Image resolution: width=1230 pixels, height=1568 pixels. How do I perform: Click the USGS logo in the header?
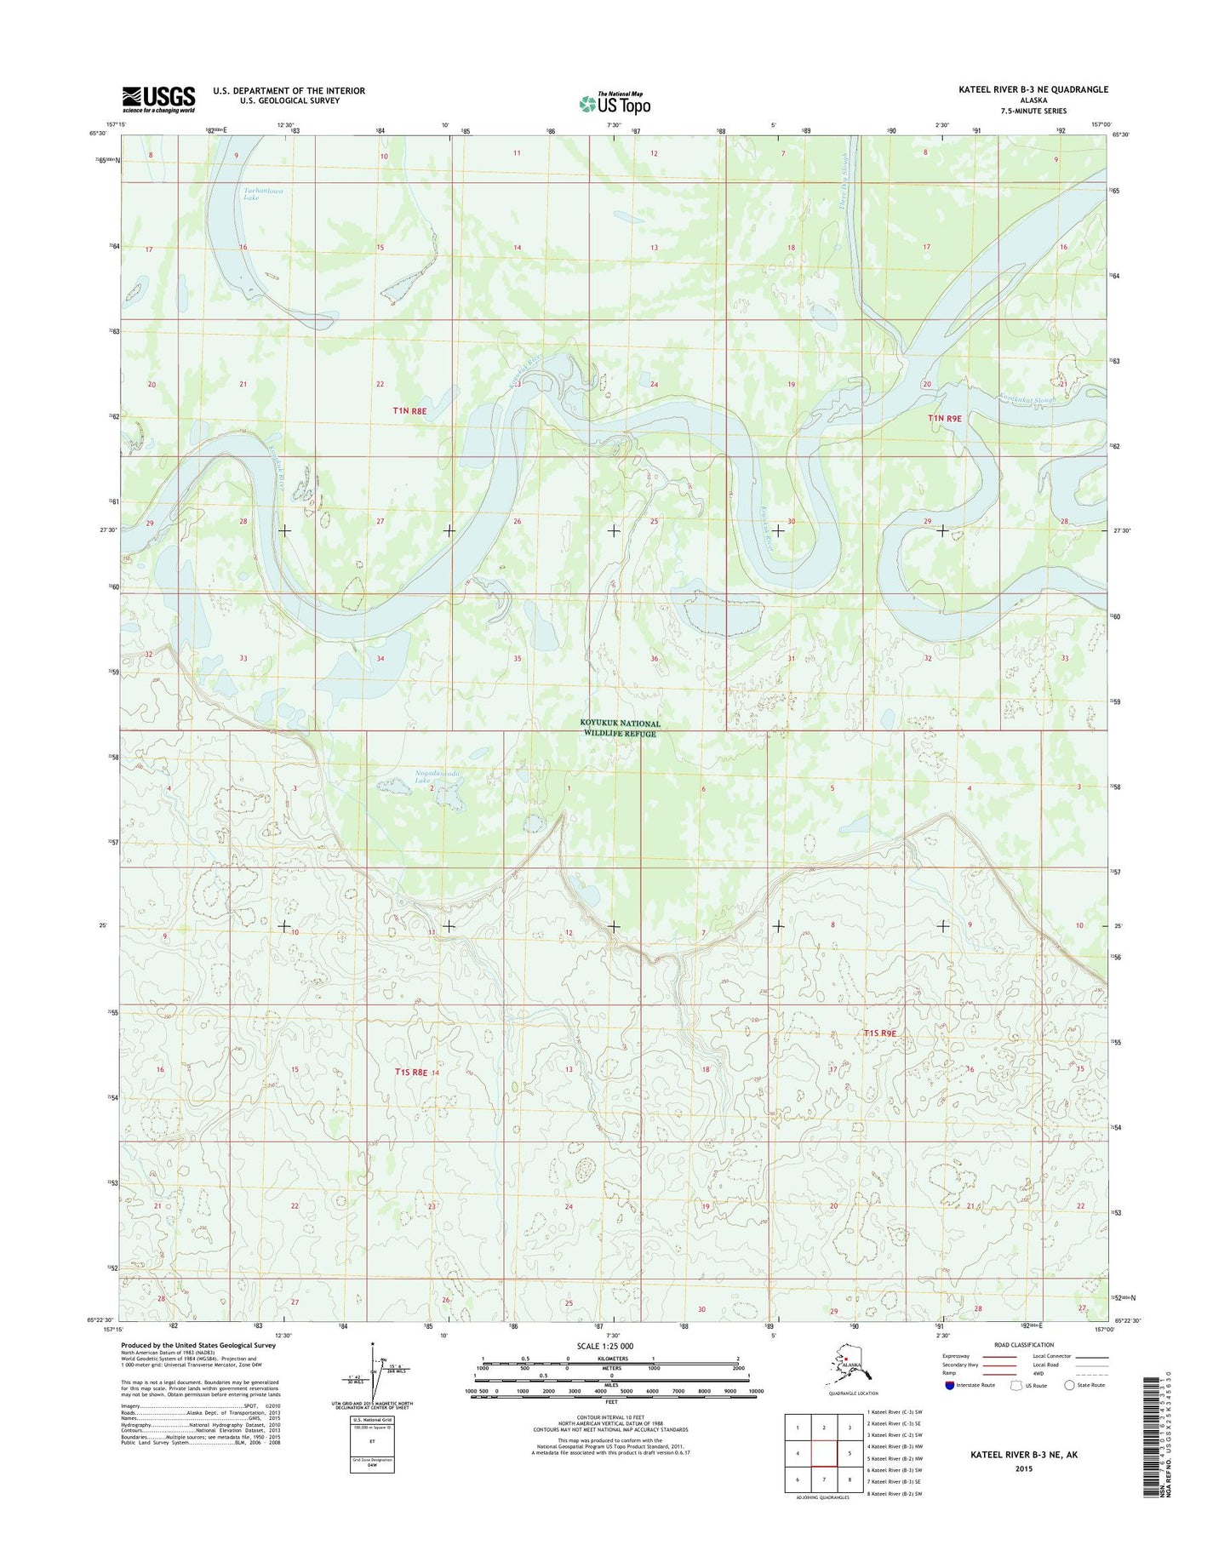159,99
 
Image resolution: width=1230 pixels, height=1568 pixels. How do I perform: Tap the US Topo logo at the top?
615,103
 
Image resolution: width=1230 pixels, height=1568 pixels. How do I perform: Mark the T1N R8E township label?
409,410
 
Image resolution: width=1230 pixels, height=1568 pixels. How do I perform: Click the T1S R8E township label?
414,1073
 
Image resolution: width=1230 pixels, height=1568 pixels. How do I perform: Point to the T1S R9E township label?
880,1033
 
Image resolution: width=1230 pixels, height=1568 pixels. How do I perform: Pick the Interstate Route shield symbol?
949,1385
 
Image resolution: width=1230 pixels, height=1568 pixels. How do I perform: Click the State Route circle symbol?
1070,1385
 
